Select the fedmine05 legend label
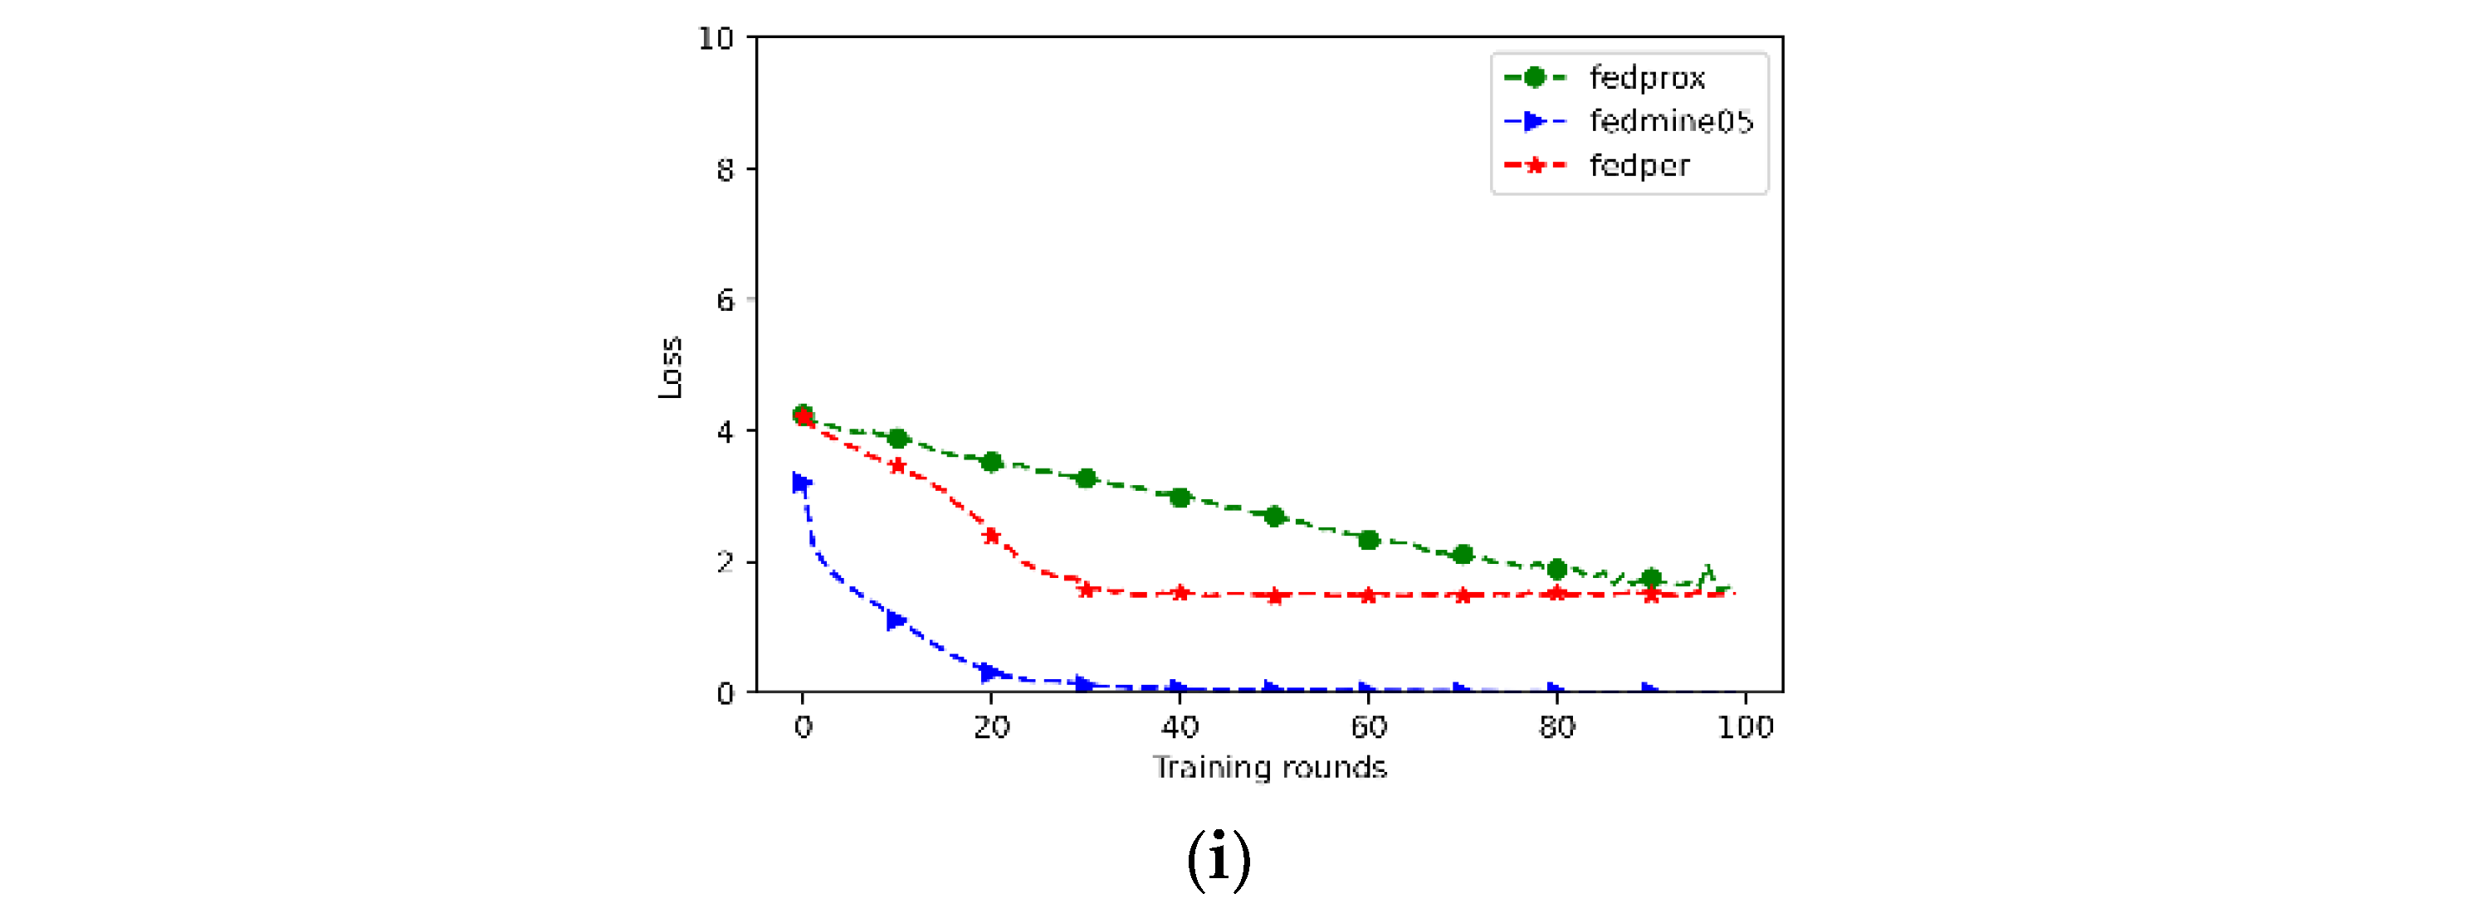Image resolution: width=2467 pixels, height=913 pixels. click(x=1671, y=122)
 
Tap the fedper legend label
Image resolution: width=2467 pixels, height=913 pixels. click(x=1639, y=166)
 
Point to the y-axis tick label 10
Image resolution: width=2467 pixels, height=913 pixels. click(x=716, y=38)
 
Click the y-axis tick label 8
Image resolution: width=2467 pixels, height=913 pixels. click(x=725, y=169)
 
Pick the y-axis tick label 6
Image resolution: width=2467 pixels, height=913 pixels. click(x=725, y=300)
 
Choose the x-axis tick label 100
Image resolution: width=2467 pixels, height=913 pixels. click(x=1745, y=727)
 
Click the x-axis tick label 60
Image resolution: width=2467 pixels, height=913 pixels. click(x=1369, y=727)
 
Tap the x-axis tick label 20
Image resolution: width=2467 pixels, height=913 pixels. click(x=991, y=727)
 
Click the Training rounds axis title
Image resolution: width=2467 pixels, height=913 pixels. click(x=1270, y=768)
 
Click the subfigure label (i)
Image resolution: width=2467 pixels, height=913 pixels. click(x=1219, y=858)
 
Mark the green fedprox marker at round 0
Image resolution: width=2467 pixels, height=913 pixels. click(x=804, y=415)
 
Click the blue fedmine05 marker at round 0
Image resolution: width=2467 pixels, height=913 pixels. click(x=803, y=483)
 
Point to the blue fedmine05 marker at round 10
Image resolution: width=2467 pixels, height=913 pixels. click(x=896, y=620)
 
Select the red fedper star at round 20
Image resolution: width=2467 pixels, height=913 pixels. click(x=991, y=536)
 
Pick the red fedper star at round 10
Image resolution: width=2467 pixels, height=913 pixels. click(x=897, y=466)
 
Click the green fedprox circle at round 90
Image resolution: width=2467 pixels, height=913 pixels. click(x=1651, y=578)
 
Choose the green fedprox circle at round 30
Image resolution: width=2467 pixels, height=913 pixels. click(x=1086, y=478)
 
